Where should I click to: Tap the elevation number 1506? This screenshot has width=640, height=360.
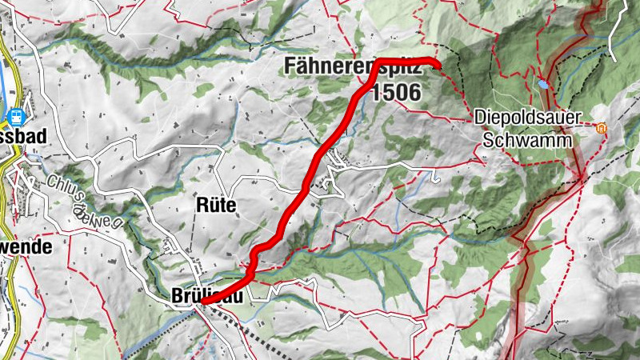tap(395, 92)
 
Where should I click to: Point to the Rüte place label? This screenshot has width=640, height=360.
tap(216, 205)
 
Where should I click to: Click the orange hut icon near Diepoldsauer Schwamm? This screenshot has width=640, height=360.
tap(601, 126)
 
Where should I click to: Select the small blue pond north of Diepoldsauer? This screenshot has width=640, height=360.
tap(544, 82)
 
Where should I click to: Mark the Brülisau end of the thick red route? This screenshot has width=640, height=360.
tap(205, 302)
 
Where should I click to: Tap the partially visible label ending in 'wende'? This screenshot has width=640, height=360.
tap(24, 247)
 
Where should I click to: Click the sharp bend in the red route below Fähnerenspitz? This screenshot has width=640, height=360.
tap(376, 63)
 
